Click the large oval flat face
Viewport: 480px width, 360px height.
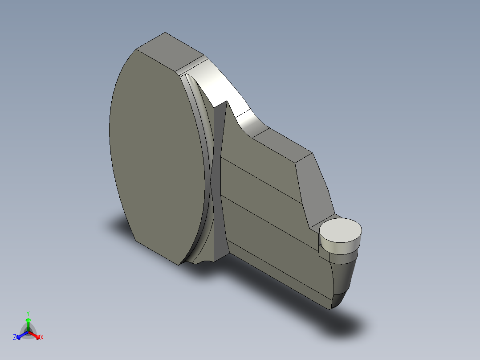[156, 156]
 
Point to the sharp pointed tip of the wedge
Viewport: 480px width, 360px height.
[227, 102]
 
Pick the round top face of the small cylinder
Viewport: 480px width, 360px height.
[341, 230]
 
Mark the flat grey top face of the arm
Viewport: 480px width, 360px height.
[283, 143]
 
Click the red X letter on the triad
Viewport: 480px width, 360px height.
[42, 337]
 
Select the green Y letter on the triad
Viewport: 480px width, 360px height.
[28, 313]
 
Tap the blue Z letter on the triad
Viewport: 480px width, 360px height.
[15, 337]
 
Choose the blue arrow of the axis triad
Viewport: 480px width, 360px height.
[20, 335]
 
